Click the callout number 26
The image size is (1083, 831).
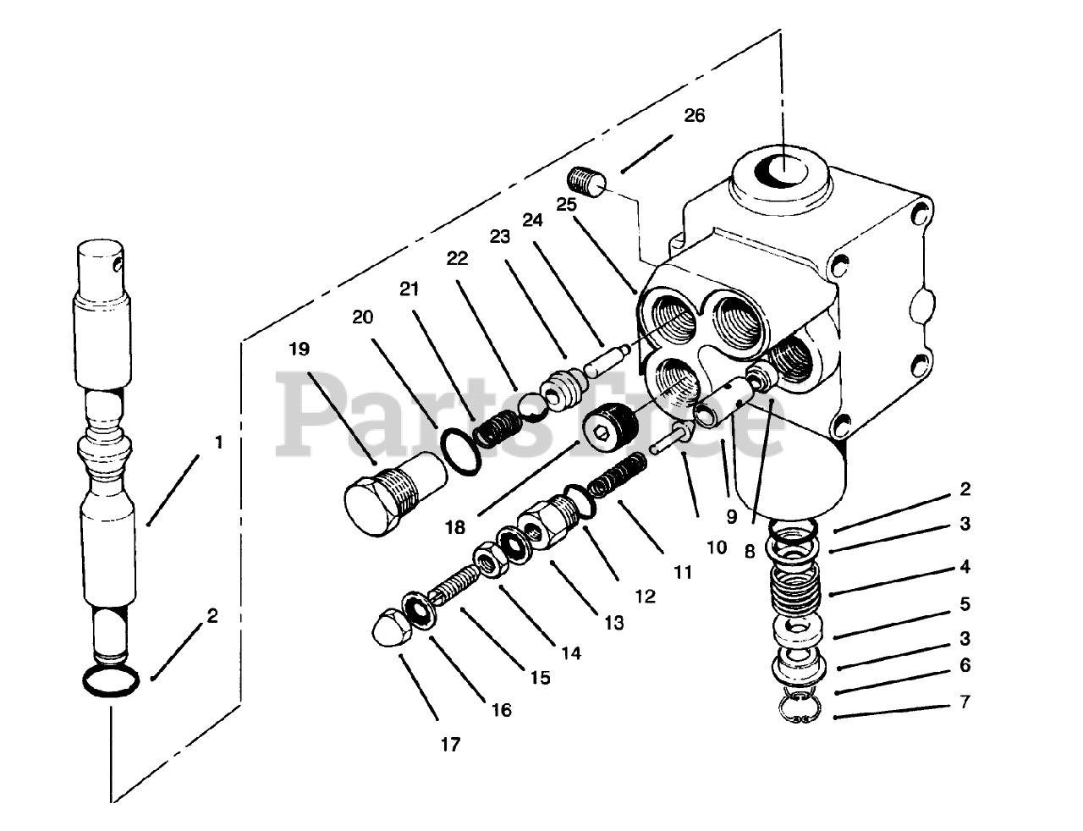pyautogui.click(x=694, y=116)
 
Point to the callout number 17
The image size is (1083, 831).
pyautogui.click(x=450, y=745)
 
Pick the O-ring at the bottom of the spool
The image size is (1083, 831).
pyautogui.click(x=110, y=680)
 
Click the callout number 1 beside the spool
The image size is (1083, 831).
pyautogui.click(x=219, y=442)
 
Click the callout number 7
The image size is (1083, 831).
pyautogui.click(x=965, y=702)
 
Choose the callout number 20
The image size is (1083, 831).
pyautogui.click(x=363, y=317)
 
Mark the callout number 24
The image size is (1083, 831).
pyautogui.click(x=531, y=220)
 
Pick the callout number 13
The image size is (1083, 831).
pyautogui.click(x=613, y=624)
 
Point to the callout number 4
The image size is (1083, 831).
pyautogui.click(x=965, y=566)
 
